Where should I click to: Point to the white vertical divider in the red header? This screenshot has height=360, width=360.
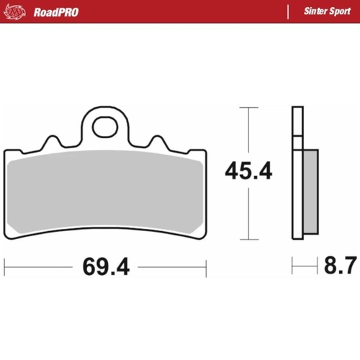point(288,12)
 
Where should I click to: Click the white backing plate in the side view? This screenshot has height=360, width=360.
point(295,173)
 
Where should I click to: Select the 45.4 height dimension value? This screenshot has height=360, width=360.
point(248,172)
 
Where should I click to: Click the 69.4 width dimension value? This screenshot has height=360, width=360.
point(105,267)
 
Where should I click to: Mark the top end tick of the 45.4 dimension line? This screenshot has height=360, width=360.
point(248,108)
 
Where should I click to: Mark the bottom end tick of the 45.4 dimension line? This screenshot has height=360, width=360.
point(248,239)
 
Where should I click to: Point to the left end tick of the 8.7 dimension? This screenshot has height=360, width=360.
point(292,267)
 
